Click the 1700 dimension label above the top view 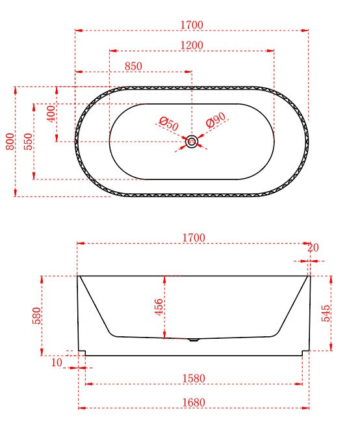pos(192,25)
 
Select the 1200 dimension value pos(192,45)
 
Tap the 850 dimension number pos(133,66)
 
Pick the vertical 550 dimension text pos(29,141)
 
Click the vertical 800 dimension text pos(10,141)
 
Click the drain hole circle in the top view pos(192,141)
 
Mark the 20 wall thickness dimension pos(313,248)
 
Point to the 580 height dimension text pos(37,315)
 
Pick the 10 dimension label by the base pos(57,362)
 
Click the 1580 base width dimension pos(194,378)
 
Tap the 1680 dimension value pos(194,402)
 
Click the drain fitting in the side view pos(193,339)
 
